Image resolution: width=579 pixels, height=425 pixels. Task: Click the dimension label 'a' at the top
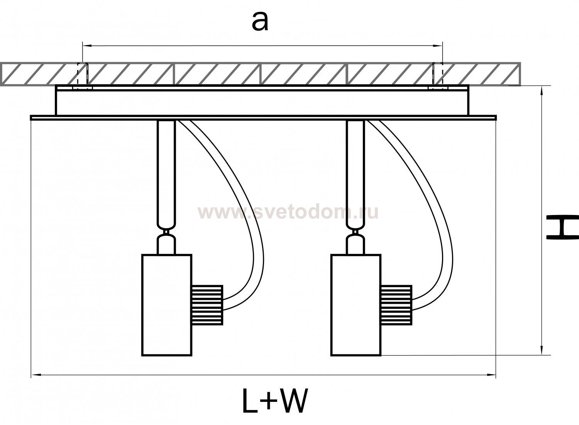260,22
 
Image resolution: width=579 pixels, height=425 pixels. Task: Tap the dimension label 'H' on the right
562,228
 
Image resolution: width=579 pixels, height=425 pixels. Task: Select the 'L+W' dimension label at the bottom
274,401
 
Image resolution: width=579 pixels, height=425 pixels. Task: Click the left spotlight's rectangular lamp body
167,305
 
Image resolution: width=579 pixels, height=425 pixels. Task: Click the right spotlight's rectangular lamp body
356,305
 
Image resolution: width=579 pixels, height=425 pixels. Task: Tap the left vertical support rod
166,174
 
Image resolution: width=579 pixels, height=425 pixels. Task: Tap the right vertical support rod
356,174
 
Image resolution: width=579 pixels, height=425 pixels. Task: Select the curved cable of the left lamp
247,216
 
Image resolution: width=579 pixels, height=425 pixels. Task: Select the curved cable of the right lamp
436,216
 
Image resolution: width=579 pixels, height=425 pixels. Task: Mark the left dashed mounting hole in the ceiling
83,74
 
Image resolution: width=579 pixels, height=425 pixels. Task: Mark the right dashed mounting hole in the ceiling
438,74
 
